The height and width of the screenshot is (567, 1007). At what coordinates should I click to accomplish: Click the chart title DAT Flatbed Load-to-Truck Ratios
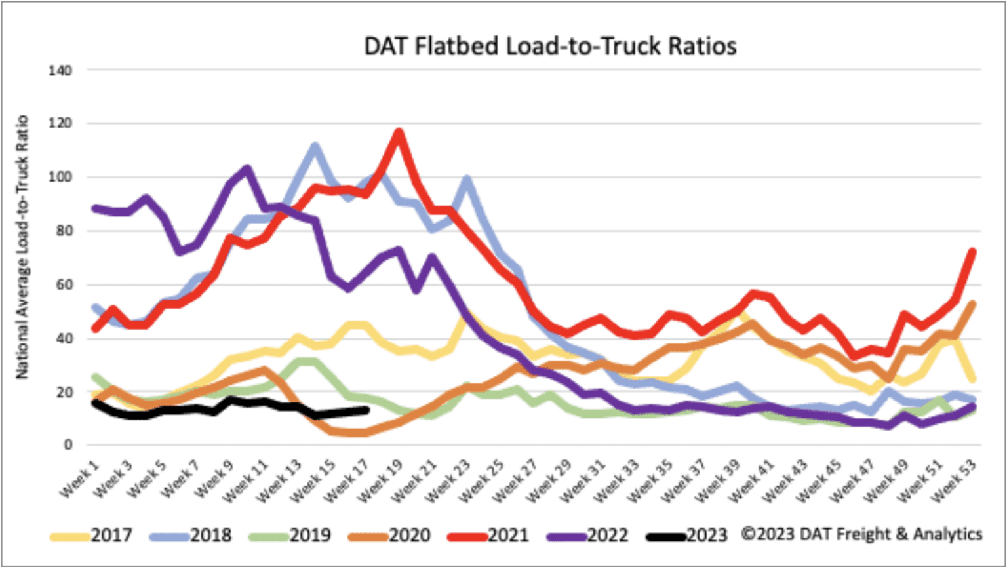(x=550, y=47)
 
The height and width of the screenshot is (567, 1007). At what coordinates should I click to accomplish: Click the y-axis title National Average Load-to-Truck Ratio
(x=22, y=247)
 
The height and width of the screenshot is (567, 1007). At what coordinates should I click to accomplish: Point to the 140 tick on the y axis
(x=60, y=70)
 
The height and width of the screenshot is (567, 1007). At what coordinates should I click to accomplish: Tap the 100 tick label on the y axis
(x=60, y=178)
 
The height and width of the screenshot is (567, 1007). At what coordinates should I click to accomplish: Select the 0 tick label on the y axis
(x=68, y=446)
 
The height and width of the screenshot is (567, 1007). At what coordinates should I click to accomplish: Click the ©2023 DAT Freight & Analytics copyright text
(x=861, y=534)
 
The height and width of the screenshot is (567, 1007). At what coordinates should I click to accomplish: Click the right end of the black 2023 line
(x=366, y=410)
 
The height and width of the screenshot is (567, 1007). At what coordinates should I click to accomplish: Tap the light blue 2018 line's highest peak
(x=315, y=147)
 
